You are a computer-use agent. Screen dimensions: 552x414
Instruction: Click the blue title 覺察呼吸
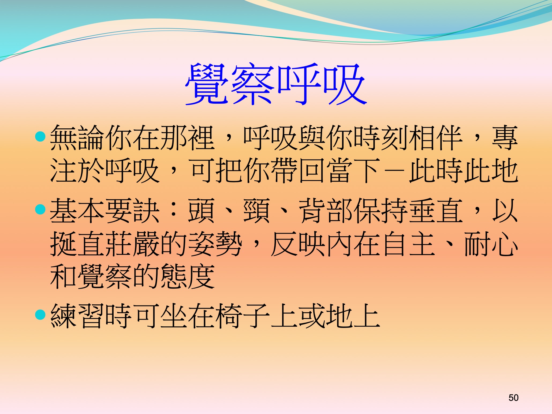click(276, 84)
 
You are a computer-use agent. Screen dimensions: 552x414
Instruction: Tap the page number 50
click(513, 398)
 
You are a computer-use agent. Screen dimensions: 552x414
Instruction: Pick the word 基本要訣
click(105, 211)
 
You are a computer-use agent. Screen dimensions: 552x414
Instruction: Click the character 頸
click(256, 211)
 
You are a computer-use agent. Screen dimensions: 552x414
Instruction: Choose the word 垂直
click(436, 211)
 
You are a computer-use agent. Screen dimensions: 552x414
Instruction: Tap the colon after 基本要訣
click(174, 211)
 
